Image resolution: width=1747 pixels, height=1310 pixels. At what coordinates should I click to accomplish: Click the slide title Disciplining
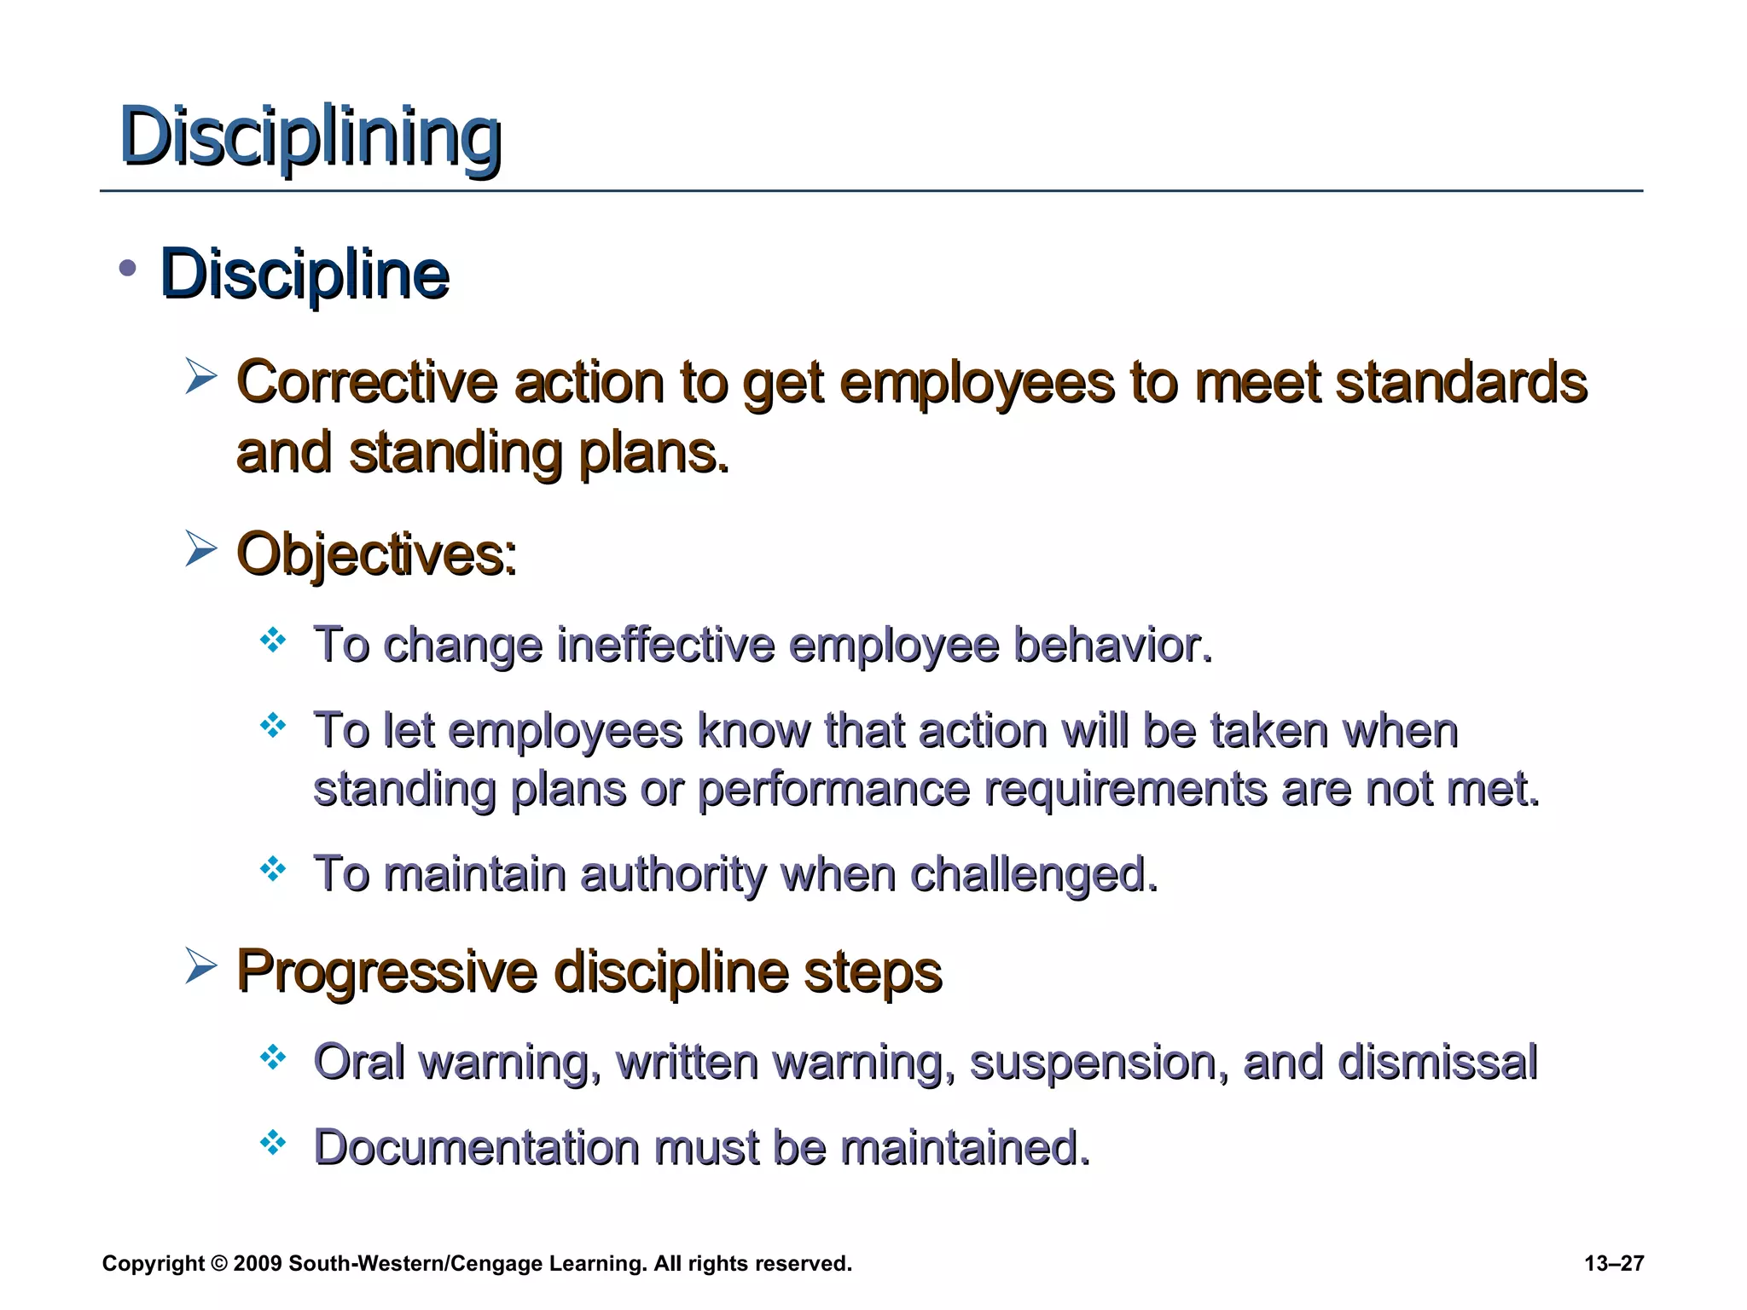[311, 136]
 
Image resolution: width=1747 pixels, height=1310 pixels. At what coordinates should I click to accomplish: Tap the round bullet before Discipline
[128, 270]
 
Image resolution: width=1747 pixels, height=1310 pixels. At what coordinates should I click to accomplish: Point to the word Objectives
[376, 555]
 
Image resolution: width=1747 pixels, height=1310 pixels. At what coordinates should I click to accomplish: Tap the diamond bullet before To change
[273, 640]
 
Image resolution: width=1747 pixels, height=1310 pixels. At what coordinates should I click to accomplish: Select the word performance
[833, 789]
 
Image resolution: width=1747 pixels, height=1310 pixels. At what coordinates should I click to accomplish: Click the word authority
[673, 874]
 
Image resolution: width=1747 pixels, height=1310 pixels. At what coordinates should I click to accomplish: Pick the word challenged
[1034, 874]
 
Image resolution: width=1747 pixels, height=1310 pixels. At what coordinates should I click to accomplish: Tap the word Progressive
[386, 971]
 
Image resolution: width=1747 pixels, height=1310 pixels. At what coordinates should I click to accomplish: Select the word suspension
[1099, 1063]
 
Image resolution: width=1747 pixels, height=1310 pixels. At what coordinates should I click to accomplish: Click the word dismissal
[1436, 1062]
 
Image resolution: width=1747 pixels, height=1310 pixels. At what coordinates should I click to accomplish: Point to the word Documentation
[477, 1147]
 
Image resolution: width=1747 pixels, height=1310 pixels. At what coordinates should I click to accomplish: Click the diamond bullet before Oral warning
[273, 1058]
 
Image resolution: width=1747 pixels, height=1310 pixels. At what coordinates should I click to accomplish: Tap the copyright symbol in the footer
[218, 1264]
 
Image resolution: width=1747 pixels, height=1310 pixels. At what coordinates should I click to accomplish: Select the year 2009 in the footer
[257, 1264]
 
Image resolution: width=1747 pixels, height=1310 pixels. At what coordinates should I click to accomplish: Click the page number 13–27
[1614, 1264]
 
